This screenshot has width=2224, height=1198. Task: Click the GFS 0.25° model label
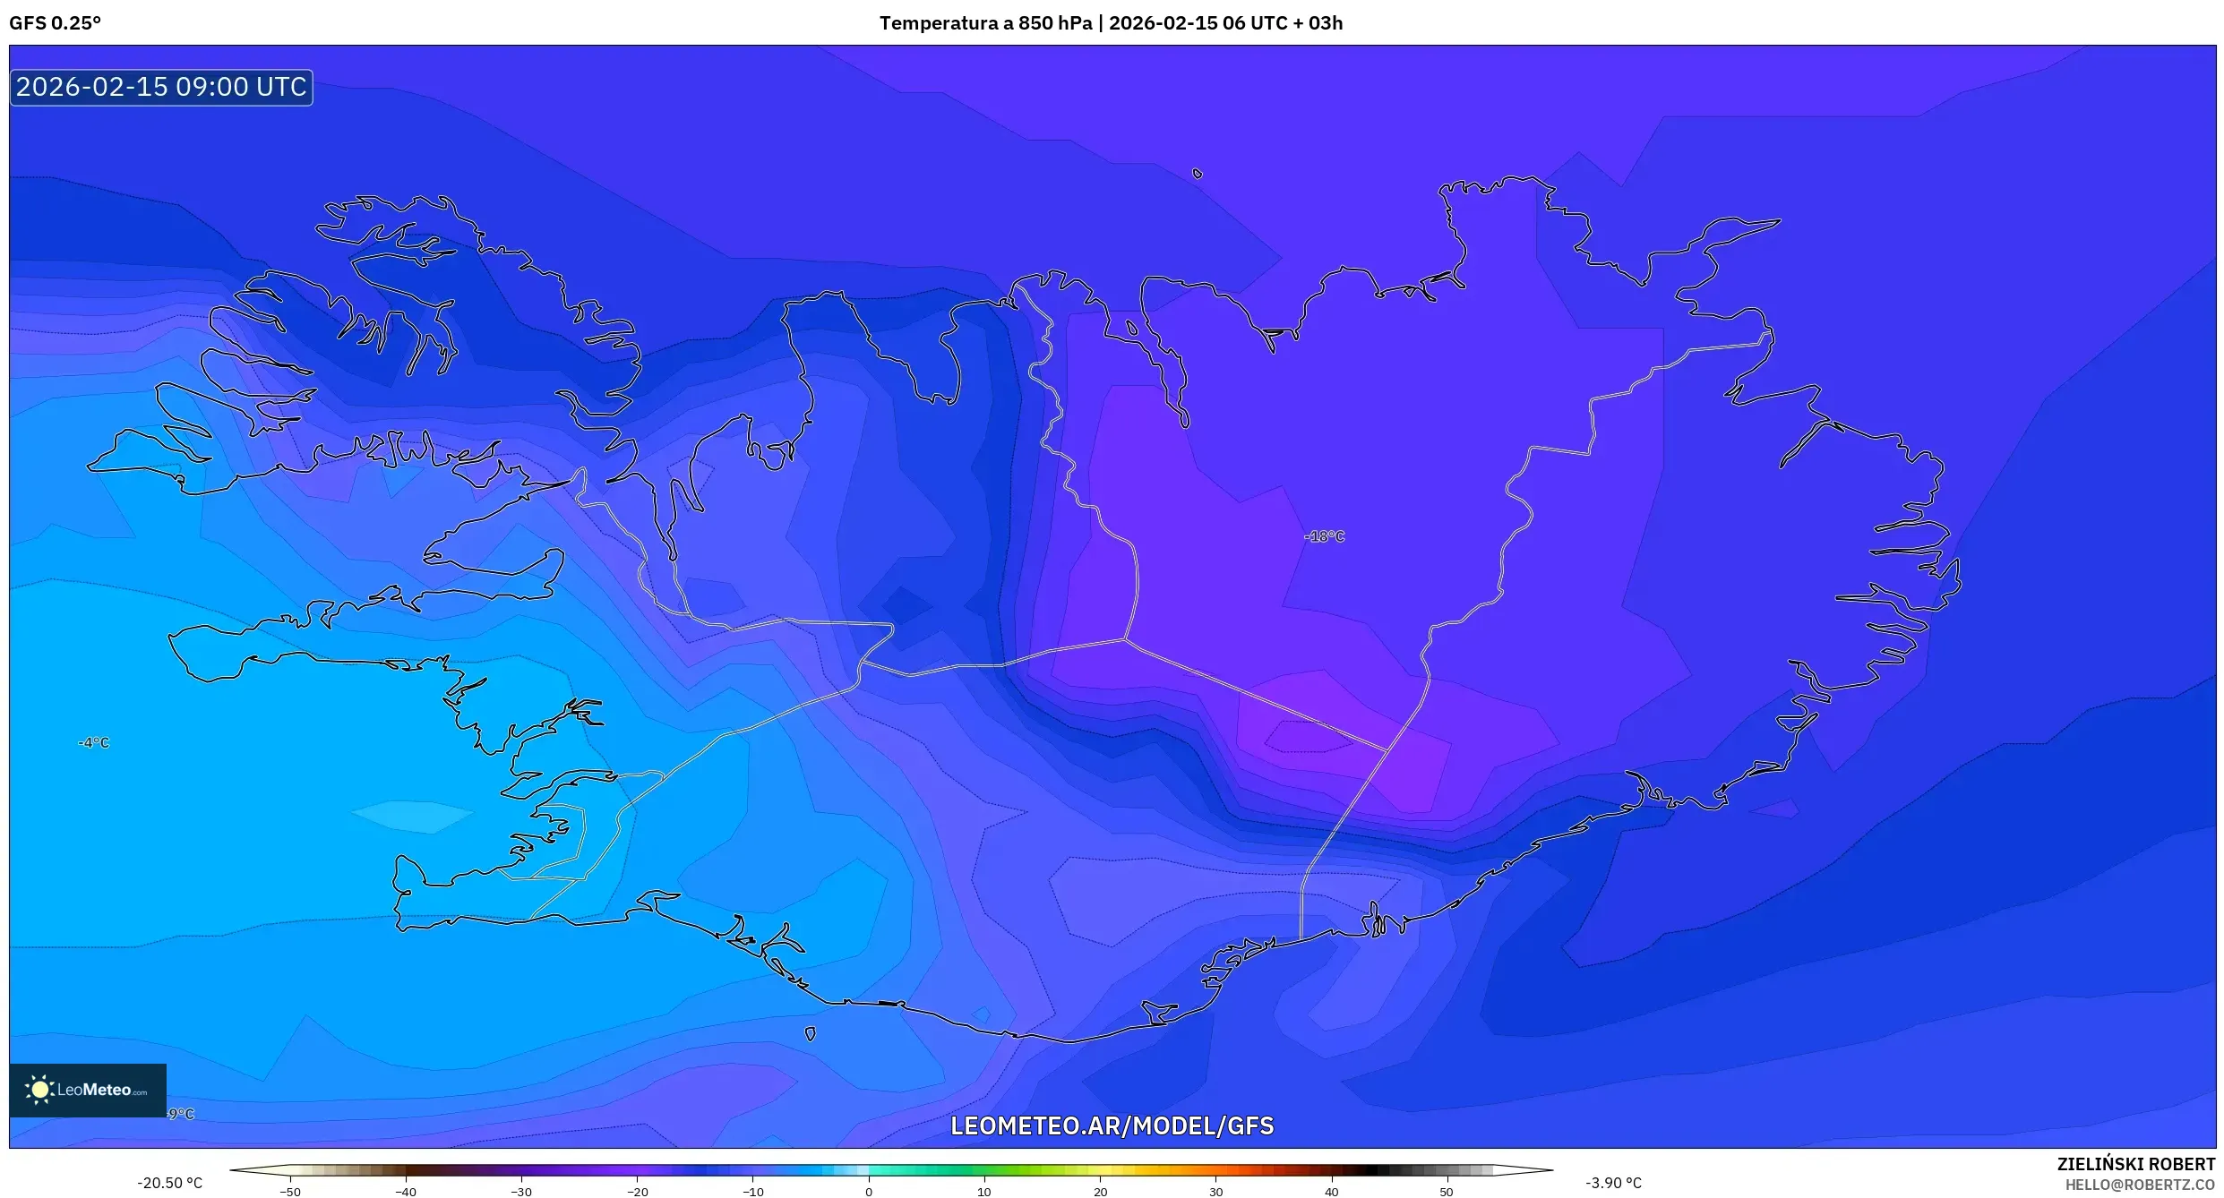(x=55, y=23)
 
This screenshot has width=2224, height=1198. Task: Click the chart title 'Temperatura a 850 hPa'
(x=984, y=23)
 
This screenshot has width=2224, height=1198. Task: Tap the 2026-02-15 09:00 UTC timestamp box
(x=161, y=87)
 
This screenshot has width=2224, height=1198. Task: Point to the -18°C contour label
(x=1325, y=536)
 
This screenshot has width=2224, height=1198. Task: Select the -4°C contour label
(x=93, y=742)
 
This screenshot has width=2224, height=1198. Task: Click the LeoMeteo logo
(x=88, y=1090)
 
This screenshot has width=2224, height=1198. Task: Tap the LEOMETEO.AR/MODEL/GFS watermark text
(x=1112, y=1125)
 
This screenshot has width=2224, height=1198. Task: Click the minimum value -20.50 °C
(x=169, y=1183)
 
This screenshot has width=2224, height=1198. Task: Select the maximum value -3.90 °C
(x=1613, y=1183)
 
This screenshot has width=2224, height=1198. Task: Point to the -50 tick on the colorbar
(x=290, y=1192)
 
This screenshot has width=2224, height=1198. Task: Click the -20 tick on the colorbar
(x=637, y=1192)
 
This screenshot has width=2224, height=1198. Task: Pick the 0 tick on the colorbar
(x=868, y=1192)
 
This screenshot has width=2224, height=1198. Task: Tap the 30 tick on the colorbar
(x=1215, y=1192)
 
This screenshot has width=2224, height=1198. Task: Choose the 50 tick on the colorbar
(x=1447, y=1192)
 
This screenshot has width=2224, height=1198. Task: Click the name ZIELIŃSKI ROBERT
(x=2135, y=1164)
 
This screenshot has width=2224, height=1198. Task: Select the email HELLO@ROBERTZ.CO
(x=2140, y=1185)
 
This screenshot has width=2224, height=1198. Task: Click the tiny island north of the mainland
(x=1198, y=174)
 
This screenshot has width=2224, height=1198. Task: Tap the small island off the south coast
(x=810, y=1034)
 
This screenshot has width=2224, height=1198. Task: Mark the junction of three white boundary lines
(x=1125, y=639)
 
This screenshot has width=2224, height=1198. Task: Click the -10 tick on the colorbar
(x=752, y=1192)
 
